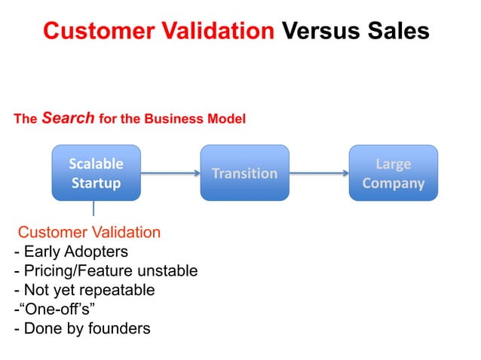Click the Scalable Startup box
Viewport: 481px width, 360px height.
[96, 173]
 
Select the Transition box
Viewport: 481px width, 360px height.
[244, 173]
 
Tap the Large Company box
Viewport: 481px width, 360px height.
[393, 173]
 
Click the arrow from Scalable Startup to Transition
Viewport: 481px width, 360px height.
[170, 173]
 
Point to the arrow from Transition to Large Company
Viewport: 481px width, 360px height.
[319, 173]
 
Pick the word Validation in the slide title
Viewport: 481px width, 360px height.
[216, 30]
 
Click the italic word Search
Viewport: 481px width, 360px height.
[68, 118]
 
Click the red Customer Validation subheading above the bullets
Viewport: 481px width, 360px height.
[89, 232]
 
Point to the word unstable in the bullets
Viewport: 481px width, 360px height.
[170, 270]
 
